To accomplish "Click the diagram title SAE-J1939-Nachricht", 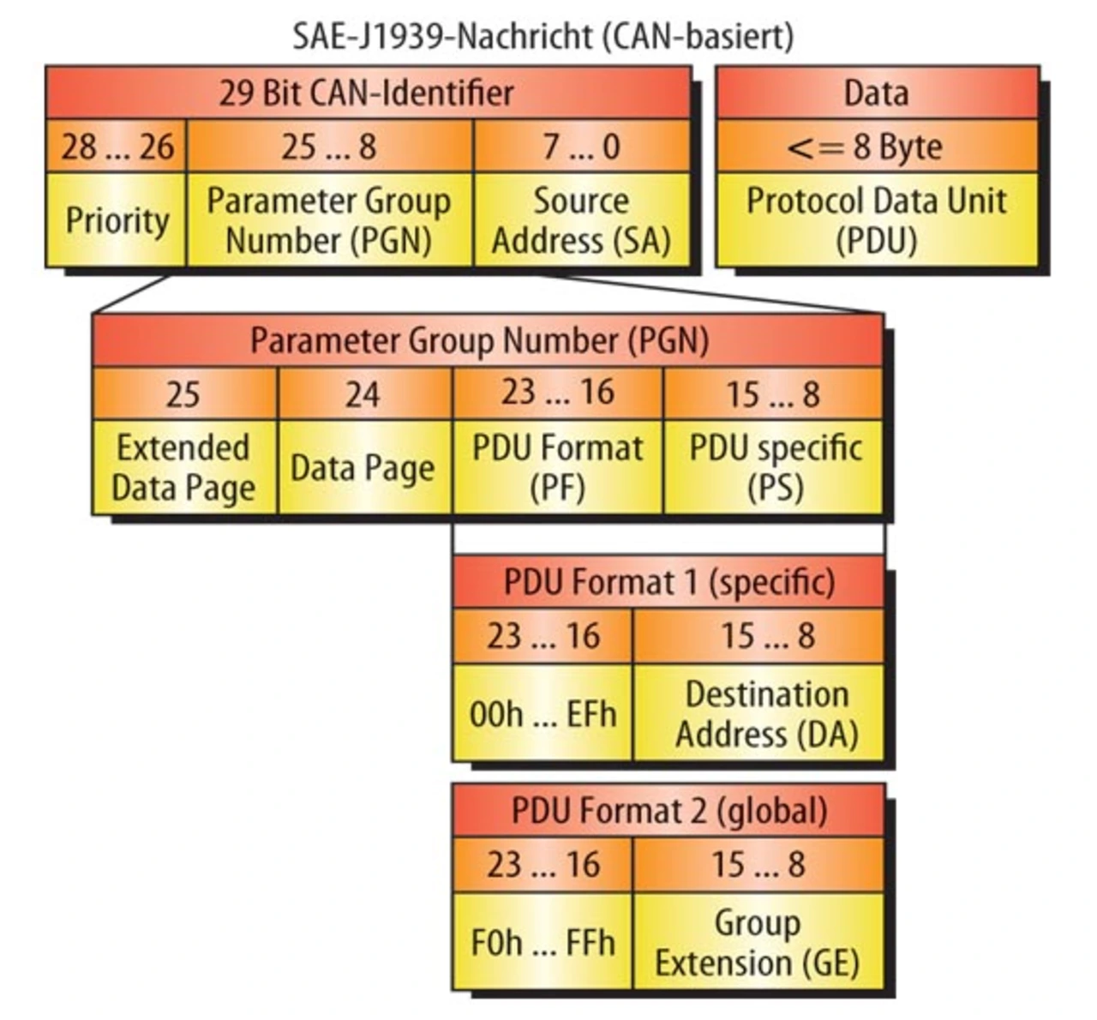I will (x=543, y=36).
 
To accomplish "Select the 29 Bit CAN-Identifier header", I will (x=367, y=93).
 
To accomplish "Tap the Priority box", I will (x=117, y=220).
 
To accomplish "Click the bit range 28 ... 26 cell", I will (x=117, y=147).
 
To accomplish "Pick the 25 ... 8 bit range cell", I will (x=329, y=147).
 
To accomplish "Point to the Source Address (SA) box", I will (x=581, y=220).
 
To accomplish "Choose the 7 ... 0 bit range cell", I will (x=581, y=147).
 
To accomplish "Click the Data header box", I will (x=876, y=93).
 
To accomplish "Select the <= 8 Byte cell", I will (x=876, y=147).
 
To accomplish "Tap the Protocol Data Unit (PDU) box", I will (x=876, y=220).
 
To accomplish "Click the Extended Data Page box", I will (x=183, y=467).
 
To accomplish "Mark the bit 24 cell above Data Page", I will (x=363, y=394).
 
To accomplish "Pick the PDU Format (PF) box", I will (x=557, y=467).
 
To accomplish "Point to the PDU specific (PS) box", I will (x=775, y=467).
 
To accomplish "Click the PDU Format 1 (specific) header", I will (x=668, y=583).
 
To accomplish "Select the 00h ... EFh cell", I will (x=543, y=713).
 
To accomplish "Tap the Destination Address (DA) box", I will (x=759, y=713).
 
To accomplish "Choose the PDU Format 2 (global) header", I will (x=668, y=811).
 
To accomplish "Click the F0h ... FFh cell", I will (x=543, y=942).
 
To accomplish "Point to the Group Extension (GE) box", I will (x=758, y=942).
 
